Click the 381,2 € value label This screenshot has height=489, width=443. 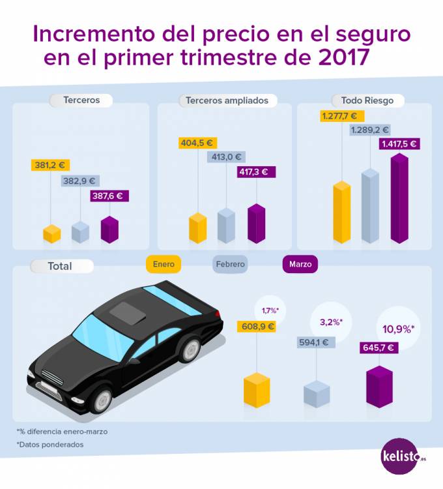[51, 166]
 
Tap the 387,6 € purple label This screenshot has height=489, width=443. [109, 195]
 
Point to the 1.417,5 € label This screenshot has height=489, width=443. [399, 144]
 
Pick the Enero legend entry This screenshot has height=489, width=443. [164, 264]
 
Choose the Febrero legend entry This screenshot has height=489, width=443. [231, 264]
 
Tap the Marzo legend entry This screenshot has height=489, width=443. [300, 264]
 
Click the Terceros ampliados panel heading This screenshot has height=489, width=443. [227, 100]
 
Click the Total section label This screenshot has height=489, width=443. [61, 266]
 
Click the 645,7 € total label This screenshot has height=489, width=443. [379, 348]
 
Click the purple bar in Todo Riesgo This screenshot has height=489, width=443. [399, 199]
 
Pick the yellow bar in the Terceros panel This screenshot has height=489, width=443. [51, 233]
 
